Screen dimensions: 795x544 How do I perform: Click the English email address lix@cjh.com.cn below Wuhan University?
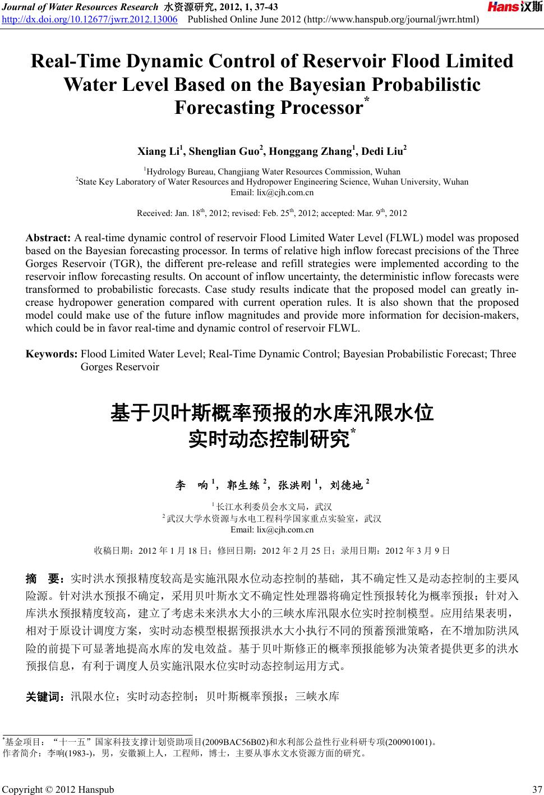[x=272, y=192]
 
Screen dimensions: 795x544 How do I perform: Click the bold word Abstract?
[x=48, y=238]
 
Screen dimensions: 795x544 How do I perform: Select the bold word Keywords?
[x=53, y=354]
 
